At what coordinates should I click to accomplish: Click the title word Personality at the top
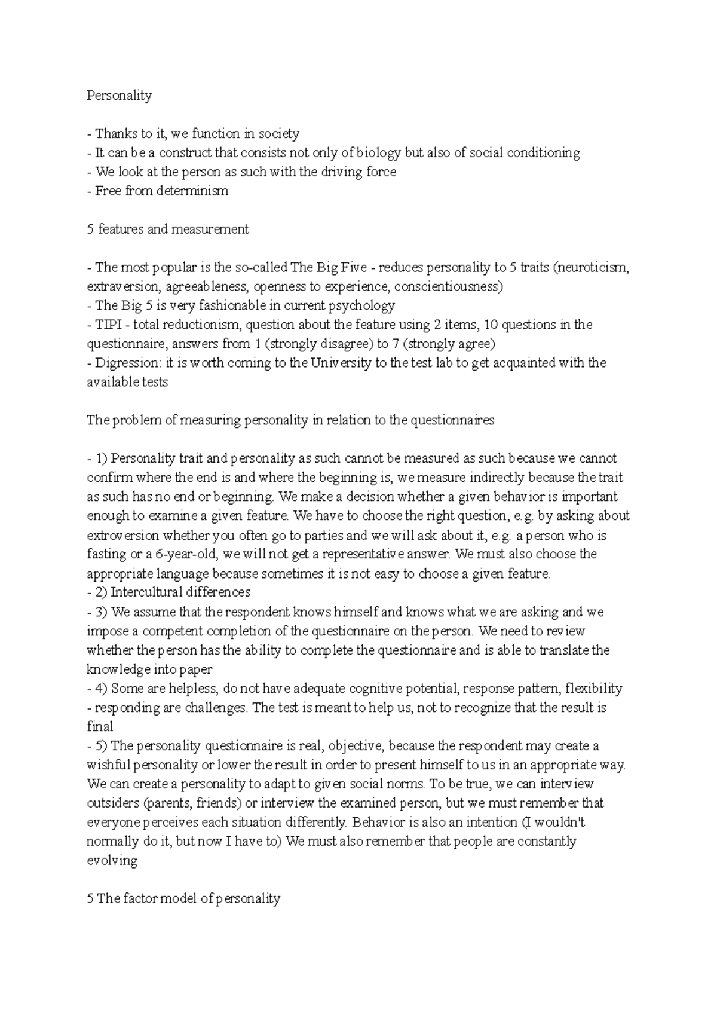point(119,96)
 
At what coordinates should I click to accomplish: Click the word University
point(341,363)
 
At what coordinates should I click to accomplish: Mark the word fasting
point(106,554)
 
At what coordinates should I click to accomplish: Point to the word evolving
point(112,861)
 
